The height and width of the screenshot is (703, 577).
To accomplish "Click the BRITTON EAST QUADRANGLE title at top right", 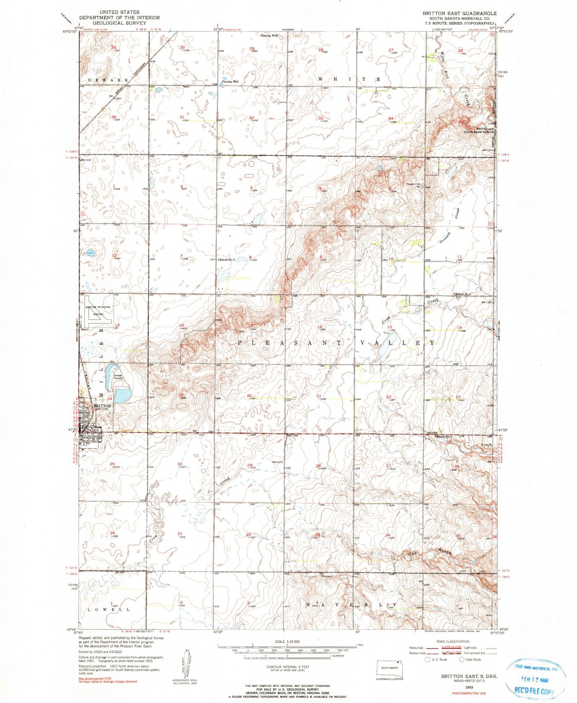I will coord(460,13).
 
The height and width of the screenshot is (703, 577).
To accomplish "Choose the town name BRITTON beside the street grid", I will coord(102,405).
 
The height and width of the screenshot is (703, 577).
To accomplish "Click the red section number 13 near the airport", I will coord(117,325).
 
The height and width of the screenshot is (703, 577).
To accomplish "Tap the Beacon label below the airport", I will coord(85,330).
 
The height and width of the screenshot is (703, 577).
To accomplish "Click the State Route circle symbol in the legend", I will coord(462,659).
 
